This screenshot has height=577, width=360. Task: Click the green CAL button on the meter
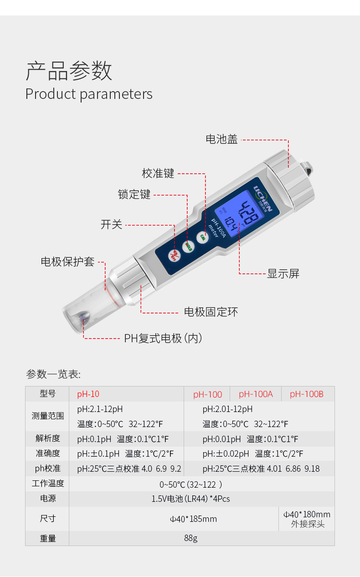pyautogui.click(x=202, y=237)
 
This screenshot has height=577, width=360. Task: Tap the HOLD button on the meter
pyautogui.click(x=188, y=247)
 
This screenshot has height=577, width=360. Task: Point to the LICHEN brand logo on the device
pyautogui.click(x=263, y=198)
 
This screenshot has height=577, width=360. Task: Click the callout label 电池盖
pyautogui.click(x=221, y=139)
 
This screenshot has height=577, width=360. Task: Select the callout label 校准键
pyautogui.click(x=158, y=173)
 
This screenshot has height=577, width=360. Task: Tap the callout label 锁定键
pyautogui.click(x=134, y=194)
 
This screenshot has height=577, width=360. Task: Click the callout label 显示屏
pyautogui.click(x=283, y=273)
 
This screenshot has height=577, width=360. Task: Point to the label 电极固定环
pyautogui.click(x=211, y=312)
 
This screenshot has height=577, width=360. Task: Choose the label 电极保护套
pyautogui.click(x=68, y=262)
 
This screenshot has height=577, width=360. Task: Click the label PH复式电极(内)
pyautogui.click(x=163, y=338)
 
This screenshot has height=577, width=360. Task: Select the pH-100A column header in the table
pyautogui.click(x=256, y=394)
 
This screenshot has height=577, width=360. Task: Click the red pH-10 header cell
pyautogui.click(x=88, y=394)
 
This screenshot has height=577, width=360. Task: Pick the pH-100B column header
pyautogui.click(x=306, y=394)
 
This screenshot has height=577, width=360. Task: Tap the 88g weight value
pyautogui.click(x=190, y=538)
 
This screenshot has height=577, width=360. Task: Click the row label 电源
pyautogui.click(x=48, y=499)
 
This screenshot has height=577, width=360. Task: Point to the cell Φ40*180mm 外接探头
pyautogui.click(x=307, y=519)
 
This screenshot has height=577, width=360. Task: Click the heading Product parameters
pyautogui.click(x=89, y=94)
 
